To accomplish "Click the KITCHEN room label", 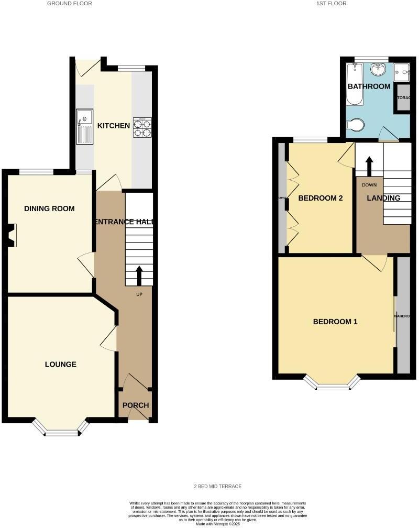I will (114, 126).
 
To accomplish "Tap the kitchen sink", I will (84, 126).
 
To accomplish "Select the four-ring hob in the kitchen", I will (142, 127).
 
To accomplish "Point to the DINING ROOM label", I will (49, 208).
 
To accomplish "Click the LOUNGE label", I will (60, 364).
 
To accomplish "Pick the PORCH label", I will (136, 405).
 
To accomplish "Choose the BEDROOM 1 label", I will (335, 322).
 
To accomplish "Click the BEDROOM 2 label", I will (320, 198).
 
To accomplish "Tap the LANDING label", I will (383, 198).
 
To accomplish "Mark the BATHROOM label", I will (369, 86).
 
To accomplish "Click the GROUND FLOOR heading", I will (69, 4).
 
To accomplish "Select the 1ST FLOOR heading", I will (332, 4).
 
